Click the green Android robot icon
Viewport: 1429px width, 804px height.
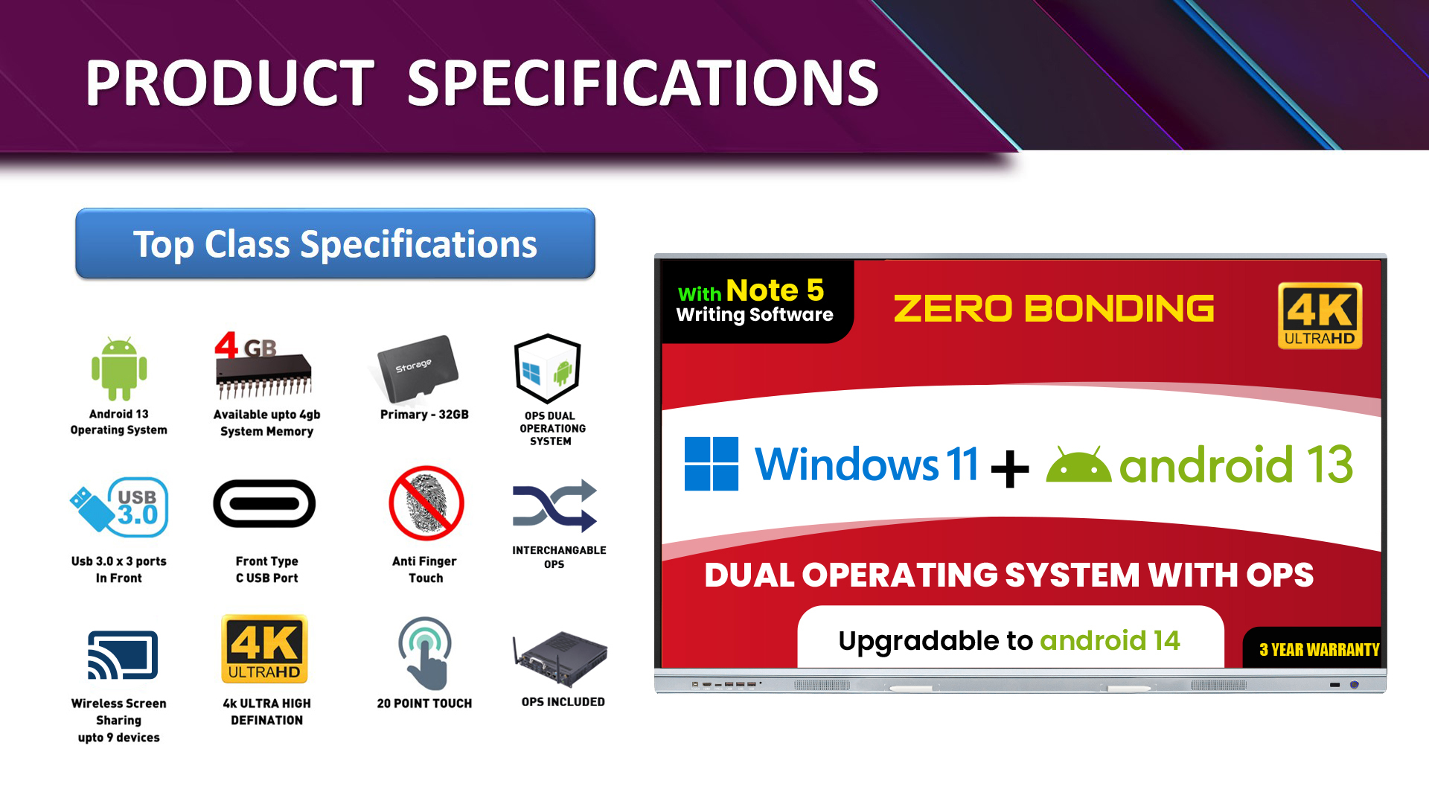click(x=119, y=368)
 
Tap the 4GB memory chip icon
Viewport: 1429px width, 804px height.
click(x=263, y=366)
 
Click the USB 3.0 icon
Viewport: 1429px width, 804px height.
click(x=120, y=508)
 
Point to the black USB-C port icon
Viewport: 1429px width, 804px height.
click(x=264, y=504)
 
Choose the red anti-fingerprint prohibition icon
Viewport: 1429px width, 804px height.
click(x=426, y=503)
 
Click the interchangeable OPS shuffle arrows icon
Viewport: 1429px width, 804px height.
click(x=554, y=506)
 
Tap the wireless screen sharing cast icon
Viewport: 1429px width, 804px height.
click(x=123, y=655)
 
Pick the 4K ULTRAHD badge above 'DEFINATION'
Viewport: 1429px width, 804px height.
click(x=264, y=649)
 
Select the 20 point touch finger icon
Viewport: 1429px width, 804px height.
click(x=425, y=653)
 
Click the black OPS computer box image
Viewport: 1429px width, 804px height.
click(x=560, y=658)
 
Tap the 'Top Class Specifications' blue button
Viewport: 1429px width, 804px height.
click(x=335, y=243)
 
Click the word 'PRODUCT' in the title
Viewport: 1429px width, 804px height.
click(x=229, y=83)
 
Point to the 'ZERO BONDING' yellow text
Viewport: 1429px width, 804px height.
click(x=1054, y=308)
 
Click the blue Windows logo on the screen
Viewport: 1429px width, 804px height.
click(x=712, y=464)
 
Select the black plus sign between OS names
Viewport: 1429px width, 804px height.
click(x=1010, y=469)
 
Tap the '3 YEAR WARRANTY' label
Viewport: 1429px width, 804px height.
click(x=1319, y=649)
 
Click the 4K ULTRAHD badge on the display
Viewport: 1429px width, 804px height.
click(x=1320, y=316)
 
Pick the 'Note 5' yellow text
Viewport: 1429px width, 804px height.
click(x=775, y=290)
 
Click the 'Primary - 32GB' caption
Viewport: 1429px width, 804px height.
click(x=424, y=415)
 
